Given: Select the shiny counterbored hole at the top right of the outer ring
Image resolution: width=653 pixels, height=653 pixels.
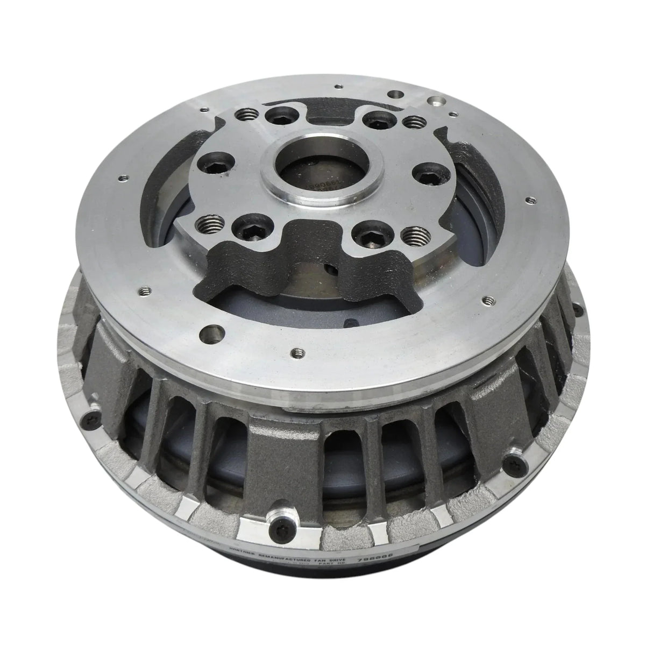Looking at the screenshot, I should (x=434, y=101).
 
